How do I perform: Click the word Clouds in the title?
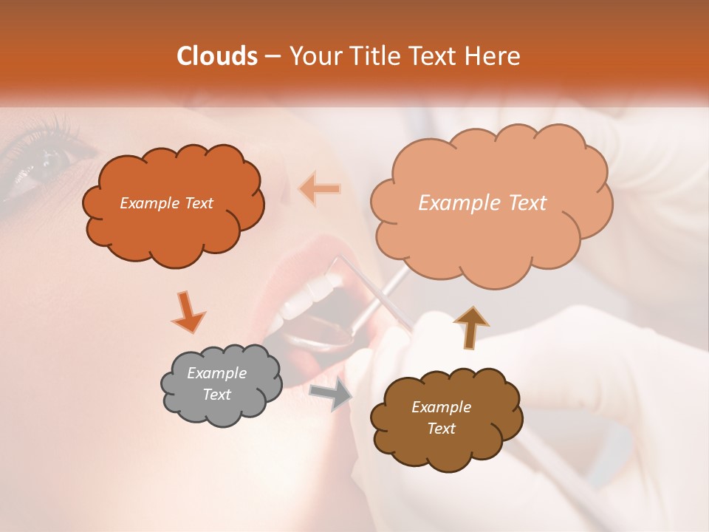pyautogui.click(x=217, y=56)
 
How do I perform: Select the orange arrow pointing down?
pyautogui.click(x=188, y=311)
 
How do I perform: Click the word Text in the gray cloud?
pyautogui.click(x=217, y=395)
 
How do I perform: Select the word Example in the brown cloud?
pyautogui.click(x=441, y=407)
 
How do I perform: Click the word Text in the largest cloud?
pyautogui.click(x=521, y=203)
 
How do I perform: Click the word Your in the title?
pyautogui.click(x=310, y=56)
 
